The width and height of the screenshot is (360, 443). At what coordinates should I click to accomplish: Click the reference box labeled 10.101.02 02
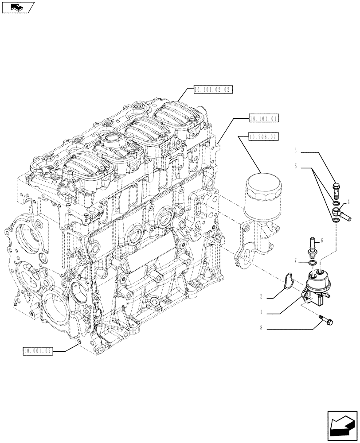[213, 90]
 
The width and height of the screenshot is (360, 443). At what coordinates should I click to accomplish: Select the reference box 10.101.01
[263, 118]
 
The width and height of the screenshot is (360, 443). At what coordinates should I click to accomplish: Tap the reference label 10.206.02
[263, 137]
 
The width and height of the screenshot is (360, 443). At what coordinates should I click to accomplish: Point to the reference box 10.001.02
[38, 351]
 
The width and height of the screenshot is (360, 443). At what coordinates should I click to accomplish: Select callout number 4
[349, 200]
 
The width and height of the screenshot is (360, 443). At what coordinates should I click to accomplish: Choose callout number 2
[262, 296]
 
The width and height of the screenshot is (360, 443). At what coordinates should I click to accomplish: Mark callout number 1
[262, 313]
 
